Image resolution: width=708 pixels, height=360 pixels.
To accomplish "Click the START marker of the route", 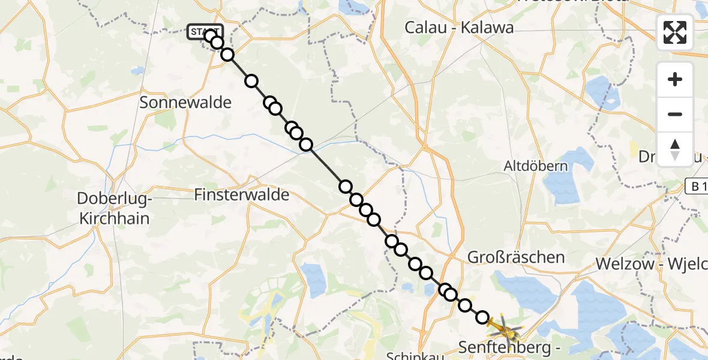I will click(x=205, y=32).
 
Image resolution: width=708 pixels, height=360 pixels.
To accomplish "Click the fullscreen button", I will click(x=675, y=32).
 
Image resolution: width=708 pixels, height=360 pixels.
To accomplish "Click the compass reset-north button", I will click(x=675, y=149).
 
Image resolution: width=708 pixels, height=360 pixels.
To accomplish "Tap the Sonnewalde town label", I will click(x=185, y=103).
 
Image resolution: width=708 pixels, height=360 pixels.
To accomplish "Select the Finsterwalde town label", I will click(x=242, y=194).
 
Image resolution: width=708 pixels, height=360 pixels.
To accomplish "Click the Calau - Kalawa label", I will click(x=459, y=28).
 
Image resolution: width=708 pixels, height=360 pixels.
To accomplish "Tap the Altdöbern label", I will click(x=536, y=166).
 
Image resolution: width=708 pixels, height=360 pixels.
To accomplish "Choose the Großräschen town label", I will click(x=515, y=257).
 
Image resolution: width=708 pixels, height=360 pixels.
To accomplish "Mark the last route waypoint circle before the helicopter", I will click(x=482, y=317).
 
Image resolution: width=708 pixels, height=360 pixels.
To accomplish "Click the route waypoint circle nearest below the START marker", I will click(x=217, y=42).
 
